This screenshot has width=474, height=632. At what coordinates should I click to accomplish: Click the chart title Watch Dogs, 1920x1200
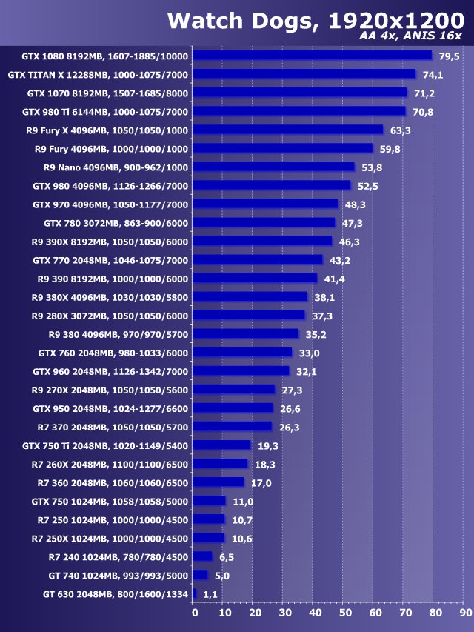coord(314,20)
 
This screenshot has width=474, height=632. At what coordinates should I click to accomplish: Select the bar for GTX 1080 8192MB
coord(313,56)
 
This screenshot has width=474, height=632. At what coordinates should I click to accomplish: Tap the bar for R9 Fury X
coord(289,130)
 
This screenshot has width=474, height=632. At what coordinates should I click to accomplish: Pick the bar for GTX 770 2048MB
coord(258,260)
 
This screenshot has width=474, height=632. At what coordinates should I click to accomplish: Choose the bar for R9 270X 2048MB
coord(234,390)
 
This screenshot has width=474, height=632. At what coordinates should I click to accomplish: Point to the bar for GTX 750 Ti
coord(222,445)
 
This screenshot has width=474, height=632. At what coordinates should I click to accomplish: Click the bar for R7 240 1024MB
coord(203,556)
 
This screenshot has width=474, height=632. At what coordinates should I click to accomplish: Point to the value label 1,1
coord(210,594)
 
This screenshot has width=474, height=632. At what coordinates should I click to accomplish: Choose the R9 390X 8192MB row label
coord(110,242)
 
